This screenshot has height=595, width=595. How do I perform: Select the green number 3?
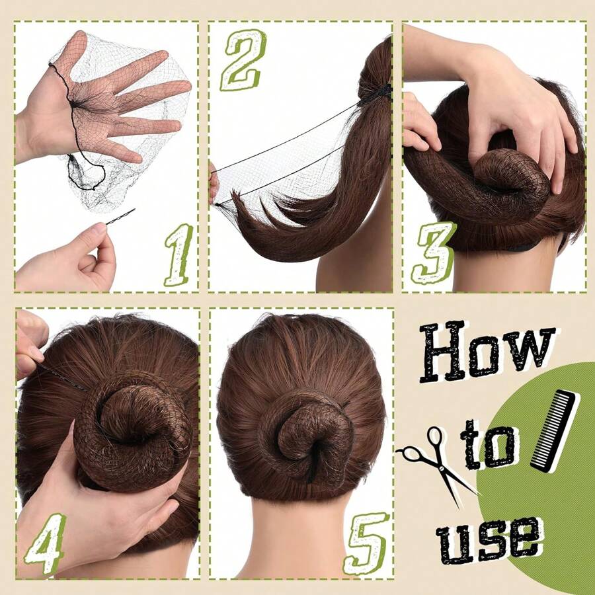pos(433,253)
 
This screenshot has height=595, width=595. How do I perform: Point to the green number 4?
pos(45,542)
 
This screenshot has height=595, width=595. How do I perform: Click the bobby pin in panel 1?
pos(120,216)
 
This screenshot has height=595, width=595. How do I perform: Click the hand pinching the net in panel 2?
pos(213,182)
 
